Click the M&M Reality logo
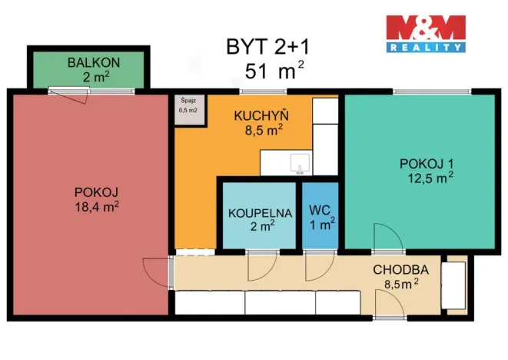pyautogui.click(x=425, y=35)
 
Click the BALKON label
pyautogui.click(x=86, y=62)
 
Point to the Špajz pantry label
pyautogui.click(x=188, y=101)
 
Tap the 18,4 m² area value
pyautogui.click(x=97, y=206)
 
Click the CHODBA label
pyautogui.click(x=400, y=270)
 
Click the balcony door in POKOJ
pyautogui.click(x=68, y=94)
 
